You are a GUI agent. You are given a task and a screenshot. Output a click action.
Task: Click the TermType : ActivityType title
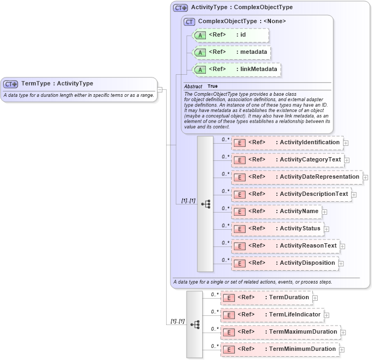(56, 83)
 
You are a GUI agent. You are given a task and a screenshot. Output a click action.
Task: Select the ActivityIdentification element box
(287, 143)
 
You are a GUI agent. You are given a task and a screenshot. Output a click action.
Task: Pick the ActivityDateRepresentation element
(297, 177)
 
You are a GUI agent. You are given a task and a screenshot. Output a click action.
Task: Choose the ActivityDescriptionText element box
(291, 194)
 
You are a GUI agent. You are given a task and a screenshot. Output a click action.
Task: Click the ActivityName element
(276, 211)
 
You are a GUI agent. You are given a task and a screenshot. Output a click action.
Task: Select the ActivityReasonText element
(285, 246)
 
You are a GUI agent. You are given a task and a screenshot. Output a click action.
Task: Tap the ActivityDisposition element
(285, 263)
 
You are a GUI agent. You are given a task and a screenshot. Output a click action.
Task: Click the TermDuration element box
(266, 298)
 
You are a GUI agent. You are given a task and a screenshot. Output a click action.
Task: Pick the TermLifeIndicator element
(272, 315)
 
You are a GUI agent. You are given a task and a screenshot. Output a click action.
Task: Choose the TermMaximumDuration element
(280, 332)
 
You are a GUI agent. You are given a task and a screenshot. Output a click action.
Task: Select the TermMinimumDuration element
(280, 349)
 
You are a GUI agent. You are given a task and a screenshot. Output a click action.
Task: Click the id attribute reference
(231, 35)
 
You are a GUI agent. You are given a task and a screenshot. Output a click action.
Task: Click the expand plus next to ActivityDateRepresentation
(366, 177)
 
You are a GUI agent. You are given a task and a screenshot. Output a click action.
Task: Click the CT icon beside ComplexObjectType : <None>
(189, 22)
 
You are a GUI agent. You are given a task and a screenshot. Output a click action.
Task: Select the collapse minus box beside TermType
(160, 89)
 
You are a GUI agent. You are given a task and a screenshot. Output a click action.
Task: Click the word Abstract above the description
(193, 86)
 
